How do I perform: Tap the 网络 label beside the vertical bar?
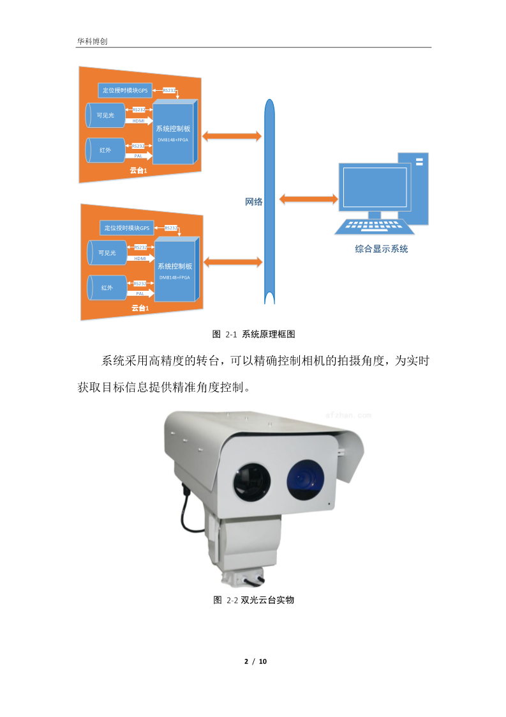tap(254, 201)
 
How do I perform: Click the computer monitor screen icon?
tap(374, 186)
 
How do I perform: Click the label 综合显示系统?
tap(381, 249)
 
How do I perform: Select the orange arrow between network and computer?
tap(309, 199)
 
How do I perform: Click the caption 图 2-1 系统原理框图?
tap(253, 334)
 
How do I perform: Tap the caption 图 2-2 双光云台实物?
tap(253, 600)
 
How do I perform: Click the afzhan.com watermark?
tap(348, 415)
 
